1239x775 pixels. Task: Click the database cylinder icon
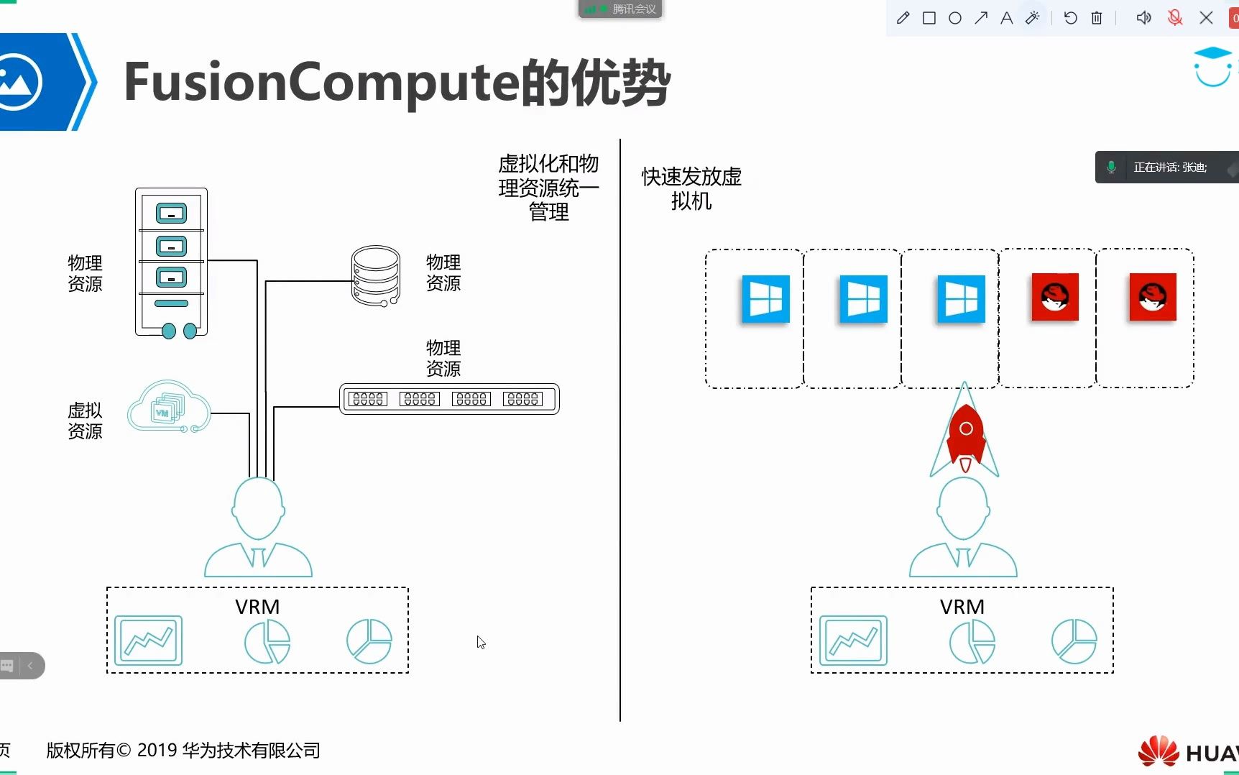(375, 276)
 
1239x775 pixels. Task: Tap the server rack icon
(171, 262)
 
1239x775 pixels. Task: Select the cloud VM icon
(169, 408)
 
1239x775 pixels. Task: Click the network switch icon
(449, 399)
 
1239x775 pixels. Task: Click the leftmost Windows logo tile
(765, 299)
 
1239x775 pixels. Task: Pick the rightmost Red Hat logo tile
(1152, 297)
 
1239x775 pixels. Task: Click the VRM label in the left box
(257, 607)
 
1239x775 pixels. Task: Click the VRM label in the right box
(962, 607)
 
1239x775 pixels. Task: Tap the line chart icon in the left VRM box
(148, 640)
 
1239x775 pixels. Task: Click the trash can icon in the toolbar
(1097, 18)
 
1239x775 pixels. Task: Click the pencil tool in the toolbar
(903, 18)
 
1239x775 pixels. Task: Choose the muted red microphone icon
(1175, 18)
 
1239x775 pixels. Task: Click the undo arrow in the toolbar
(1070, 18)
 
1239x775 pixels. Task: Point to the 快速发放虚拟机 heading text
(691, 188)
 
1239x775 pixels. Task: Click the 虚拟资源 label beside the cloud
(85, 421)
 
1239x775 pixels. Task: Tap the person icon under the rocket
(963, 528)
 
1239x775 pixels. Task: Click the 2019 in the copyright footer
(157, 751)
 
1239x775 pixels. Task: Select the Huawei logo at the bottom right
(1159, 751)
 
